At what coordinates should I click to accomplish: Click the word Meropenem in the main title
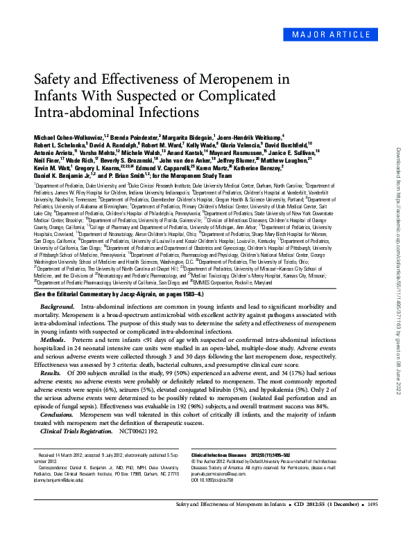pos(241,79)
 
